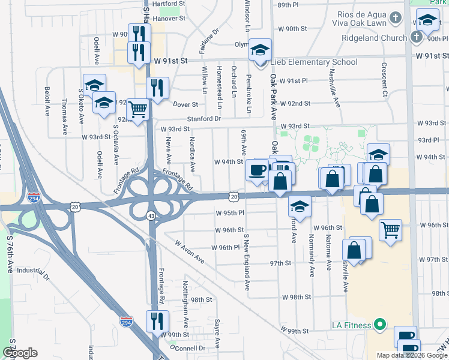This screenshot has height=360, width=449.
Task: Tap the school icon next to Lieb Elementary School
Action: pos(260,50)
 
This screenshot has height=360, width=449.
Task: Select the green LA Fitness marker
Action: pos(379,325)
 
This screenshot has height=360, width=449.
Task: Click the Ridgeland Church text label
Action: pos(374,38)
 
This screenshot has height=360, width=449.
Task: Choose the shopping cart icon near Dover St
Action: pos(138,110)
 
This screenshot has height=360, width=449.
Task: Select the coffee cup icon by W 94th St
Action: pos(256,170)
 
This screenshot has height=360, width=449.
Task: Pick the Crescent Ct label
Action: pos(384,79)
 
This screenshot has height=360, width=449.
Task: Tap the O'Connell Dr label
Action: pos(188,347)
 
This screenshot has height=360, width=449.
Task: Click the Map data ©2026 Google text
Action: pos(411,355)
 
